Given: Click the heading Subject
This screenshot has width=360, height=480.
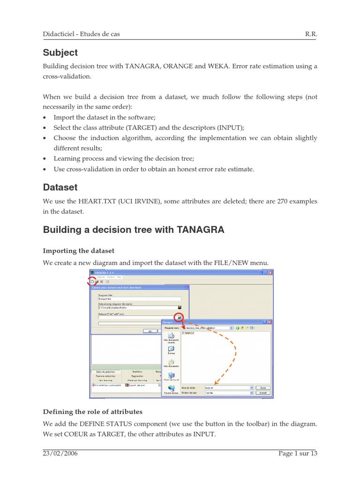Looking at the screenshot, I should pyautogui.click(x=60, y=52).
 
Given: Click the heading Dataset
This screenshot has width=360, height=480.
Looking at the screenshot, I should pyautogui.click(x=60, y=187).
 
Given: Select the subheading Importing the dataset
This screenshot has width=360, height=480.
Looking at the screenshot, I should pyautogui.click(x=78, y=251).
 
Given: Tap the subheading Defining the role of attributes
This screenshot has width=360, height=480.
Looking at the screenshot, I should pyautogui.click(x=92, y=412).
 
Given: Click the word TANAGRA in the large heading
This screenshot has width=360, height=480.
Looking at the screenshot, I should pyautogui.click(x=201, y=230).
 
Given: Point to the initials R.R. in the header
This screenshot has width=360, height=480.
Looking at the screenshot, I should pyautogui.click(x=311, y=35).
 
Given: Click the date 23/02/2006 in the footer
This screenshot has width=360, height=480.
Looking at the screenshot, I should pyautogui.click(x=60, y=453).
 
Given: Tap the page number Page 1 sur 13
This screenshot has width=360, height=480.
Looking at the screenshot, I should pyautogui.click(x=298, y=453).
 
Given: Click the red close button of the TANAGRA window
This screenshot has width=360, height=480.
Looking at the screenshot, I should pyautogui.click(x=270, y=272).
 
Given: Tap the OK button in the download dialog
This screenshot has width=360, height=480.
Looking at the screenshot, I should pyautogui.click(x=150, y=330).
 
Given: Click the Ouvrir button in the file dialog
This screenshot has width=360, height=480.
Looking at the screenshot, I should pyautogui.click(x=263, y=388).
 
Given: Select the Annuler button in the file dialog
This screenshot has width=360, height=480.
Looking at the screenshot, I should pyautogui.click(x=263, y=393).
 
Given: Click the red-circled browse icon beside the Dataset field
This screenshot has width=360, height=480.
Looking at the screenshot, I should pyautogui.click(x=179, y=317).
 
